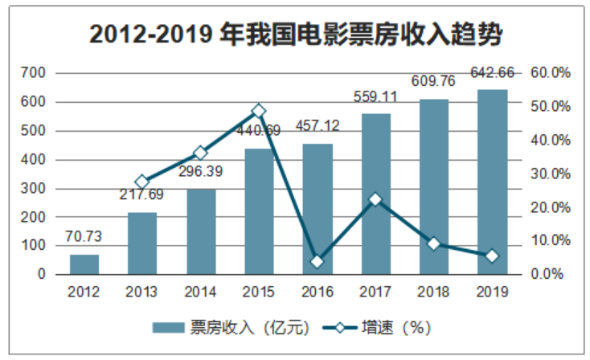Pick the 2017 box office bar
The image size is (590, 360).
[x=375, y=194]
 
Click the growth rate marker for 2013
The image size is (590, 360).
[x=142, y=182]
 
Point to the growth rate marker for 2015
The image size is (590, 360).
[x=259, y=111]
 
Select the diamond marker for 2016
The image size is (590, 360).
[x=317, y=261]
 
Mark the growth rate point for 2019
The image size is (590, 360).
[x=492, y=256]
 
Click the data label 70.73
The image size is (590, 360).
[x=84, y=238]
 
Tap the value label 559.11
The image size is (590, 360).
[x=375, y=96]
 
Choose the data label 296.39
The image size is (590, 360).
[x=201, y=171]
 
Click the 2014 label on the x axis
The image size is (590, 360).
[x=201, y=292]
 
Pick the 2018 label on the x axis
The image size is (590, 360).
[x=434, y=292]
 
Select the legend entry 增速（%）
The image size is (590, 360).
[x=378, y=327]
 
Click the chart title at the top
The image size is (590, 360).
[x=295, y=34]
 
